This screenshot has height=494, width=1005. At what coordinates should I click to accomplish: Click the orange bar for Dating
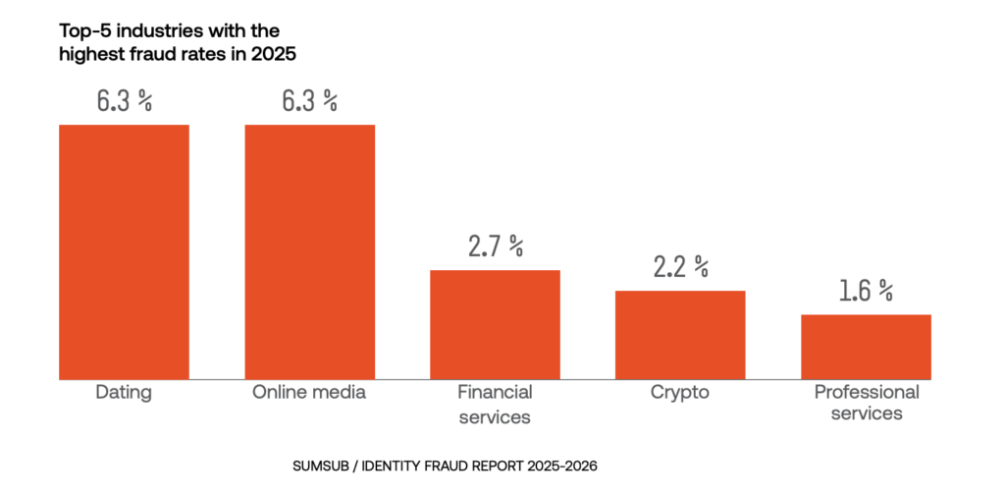tap(124, 251)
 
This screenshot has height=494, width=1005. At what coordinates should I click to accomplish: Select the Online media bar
tap(309, 251)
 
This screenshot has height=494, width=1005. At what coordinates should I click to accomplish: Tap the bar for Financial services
tap(495, 324)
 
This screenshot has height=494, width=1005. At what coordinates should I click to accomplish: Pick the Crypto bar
tap(680, 335)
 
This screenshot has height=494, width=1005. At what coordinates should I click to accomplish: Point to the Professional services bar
tap(866, 347)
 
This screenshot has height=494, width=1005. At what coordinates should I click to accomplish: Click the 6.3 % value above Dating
tap(124, 100)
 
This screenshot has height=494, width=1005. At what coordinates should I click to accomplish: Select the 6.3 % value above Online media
tap(309, 100)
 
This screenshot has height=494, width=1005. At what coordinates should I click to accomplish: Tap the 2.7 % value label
tap(495, 246)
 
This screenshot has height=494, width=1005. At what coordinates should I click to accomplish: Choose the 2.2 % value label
tap(680, 266)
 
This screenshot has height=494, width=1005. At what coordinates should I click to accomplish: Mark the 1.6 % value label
tap(866, 290)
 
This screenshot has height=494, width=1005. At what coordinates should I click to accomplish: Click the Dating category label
tap(124, 393)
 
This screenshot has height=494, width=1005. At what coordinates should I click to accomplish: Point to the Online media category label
tap(309, 393)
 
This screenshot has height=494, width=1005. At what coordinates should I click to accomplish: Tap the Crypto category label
tap(680, 393)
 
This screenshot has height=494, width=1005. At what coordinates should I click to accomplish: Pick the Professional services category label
tap(866, 403)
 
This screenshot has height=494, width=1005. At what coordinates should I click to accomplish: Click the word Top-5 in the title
tap(82, 31)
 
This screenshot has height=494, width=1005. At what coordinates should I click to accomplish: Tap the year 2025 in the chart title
tap(275, 55)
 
